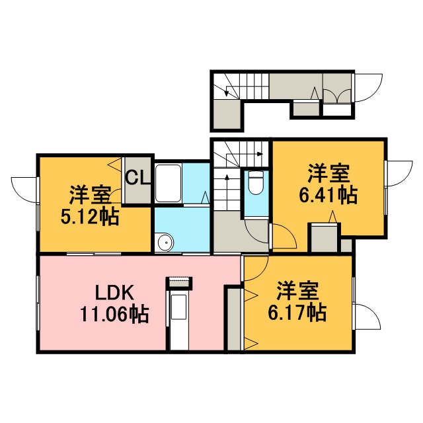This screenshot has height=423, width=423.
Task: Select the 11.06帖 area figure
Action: [x=114, y=314]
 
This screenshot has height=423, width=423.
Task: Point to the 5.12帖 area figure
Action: [x=90, y=217]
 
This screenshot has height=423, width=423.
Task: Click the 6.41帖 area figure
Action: [x=328, y=194]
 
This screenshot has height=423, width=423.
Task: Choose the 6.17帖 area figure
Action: [x=297, y=313]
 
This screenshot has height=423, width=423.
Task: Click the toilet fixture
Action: [x=256, y=183]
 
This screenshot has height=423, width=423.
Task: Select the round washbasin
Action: [x=165, y=243]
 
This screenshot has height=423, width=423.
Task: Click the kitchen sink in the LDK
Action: [x=179, y=303]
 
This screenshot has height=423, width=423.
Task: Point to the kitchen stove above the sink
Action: [x=179, y=283]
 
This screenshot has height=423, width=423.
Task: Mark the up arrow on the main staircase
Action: [x=227, y=192]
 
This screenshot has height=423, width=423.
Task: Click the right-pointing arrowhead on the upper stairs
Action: [x=260, y=154]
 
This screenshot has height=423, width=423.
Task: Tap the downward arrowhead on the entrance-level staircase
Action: [x=227, y=94]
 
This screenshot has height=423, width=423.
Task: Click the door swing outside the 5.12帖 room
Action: [x=24, y=190]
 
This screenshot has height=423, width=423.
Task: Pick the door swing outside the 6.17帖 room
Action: [x=368, y=317]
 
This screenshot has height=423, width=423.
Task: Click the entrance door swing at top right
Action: [x=369, y=87]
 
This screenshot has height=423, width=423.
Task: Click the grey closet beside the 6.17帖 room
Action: [x=233, y=319]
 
